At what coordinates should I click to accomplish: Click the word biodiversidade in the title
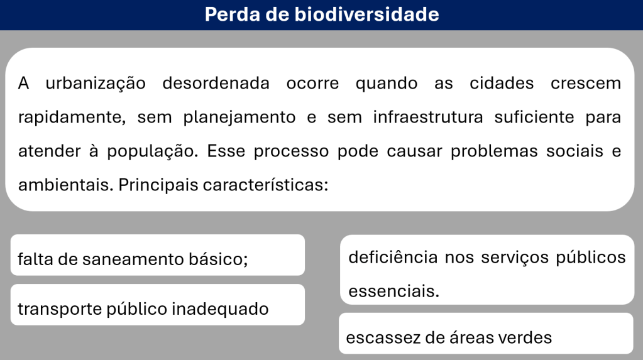[366, 14]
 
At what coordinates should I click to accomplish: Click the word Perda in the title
[233, 14]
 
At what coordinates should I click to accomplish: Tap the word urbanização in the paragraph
[96, 84]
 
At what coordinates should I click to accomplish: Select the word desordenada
[216, 83]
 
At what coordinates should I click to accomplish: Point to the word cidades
[502, 83]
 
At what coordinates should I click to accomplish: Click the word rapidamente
[72, 118]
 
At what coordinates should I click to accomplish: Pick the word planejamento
[239, 118]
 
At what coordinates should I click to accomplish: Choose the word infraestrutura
[428, 117]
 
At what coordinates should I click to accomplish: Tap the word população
[153, 152]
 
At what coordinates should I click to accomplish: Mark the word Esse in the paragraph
[226, 151]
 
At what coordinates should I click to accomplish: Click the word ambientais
[65, 185]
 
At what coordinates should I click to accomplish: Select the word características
[266, 185]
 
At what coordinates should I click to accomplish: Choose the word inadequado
[220, 309]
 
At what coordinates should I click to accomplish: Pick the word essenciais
[393, 291]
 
